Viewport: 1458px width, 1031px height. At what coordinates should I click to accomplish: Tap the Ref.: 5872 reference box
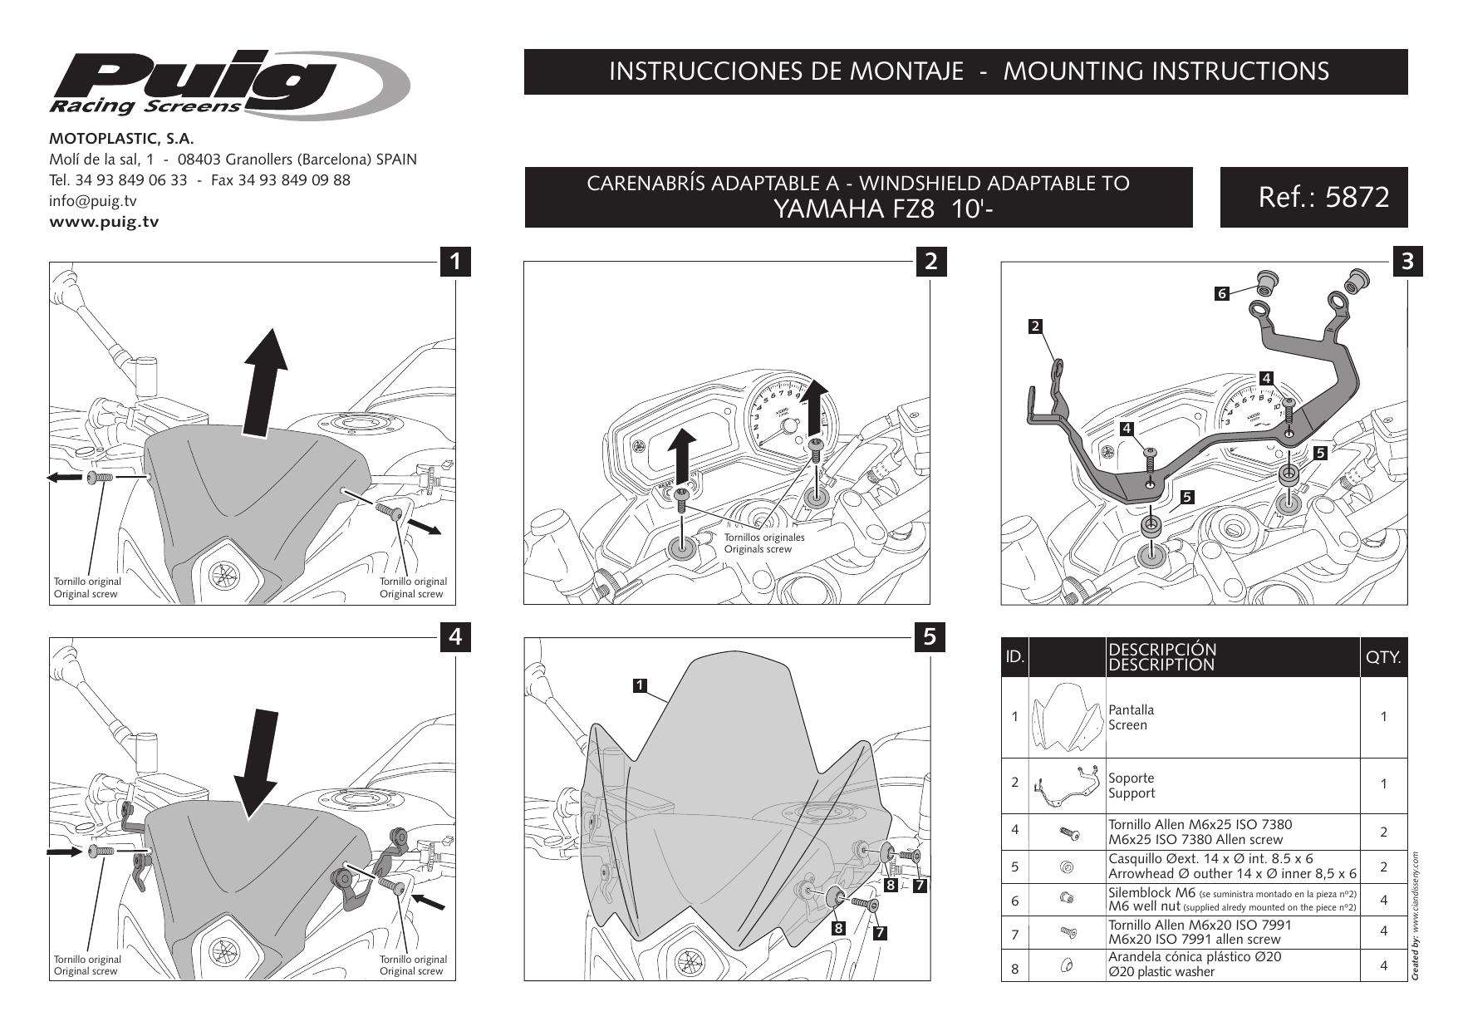click(1313, 198)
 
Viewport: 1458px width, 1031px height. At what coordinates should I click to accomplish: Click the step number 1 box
click(455, 261)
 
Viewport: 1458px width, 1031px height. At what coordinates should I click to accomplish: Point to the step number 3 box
click(1406, 261)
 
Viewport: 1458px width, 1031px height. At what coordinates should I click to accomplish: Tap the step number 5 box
click(930, 637)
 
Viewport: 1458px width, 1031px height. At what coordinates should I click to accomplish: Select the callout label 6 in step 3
click(1221, 293)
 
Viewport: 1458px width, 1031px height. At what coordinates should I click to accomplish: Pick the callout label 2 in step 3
click(1035, 326)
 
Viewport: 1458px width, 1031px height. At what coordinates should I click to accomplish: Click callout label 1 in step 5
click(640, 685)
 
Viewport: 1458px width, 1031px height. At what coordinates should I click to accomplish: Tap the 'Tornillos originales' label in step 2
click(763, 537)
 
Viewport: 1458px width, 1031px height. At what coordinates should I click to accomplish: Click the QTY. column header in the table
click(1383, 658)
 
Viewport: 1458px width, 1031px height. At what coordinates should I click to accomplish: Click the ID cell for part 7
click(1014, 935)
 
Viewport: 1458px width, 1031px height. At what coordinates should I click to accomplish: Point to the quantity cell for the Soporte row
click(1383, 784)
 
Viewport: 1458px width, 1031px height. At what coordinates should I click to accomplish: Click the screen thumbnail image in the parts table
click(1067, 717)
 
